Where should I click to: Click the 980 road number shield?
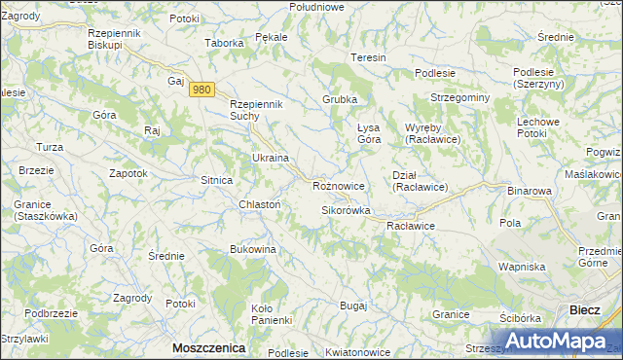202,90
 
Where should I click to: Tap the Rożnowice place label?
339,185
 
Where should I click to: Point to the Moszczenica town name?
208,347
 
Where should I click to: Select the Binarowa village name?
530,192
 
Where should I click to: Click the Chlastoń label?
260,204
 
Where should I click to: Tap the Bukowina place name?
253,250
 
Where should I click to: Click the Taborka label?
223,43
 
